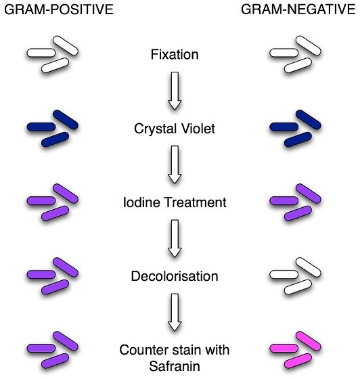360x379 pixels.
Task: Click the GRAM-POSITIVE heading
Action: tap(59, 9)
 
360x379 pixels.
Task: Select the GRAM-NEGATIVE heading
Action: tap(298, 9)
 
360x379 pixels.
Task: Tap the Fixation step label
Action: tap(175, 54)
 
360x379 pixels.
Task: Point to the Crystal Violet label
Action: tap(175, 129)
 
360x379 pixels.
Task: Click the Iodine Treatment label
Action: tap(175, 202)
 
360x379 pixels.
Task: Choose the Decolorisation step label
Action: tap(175, 276)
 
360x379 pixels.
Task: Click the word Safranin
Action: tap(175, 366)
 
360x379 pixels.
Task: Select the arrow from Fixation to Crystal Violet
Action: tap(175, 91)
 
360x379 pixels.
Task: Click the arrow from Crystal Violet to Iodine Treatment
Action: tap(175, 165)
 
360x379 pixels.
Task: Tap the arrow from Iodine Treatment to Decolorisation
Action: tap(175, 239)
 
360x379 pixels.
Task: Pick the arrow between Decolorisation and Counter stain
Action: tap(175, 313)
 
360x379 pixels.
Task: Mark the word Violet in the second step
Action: tap(198, 129)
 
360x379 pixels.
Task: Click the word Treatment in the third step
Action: tap(195, 202)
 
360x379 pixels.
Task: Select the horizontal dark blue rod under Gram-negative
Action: tap(284, 127)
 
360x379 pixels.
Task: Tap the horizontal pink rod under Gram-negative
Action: tap(284, 349)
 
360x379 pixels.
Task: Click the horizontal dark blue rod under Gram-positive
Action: tap(41, 127)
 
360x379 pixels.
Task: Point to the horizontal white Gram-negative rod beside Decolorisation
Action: tap(284, 275)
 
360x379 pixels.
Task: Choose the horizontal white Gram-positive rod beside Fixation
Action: tap(41, 53)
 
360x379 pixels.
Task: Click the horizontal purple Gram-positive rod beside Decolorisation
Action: tap(41, 275)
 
